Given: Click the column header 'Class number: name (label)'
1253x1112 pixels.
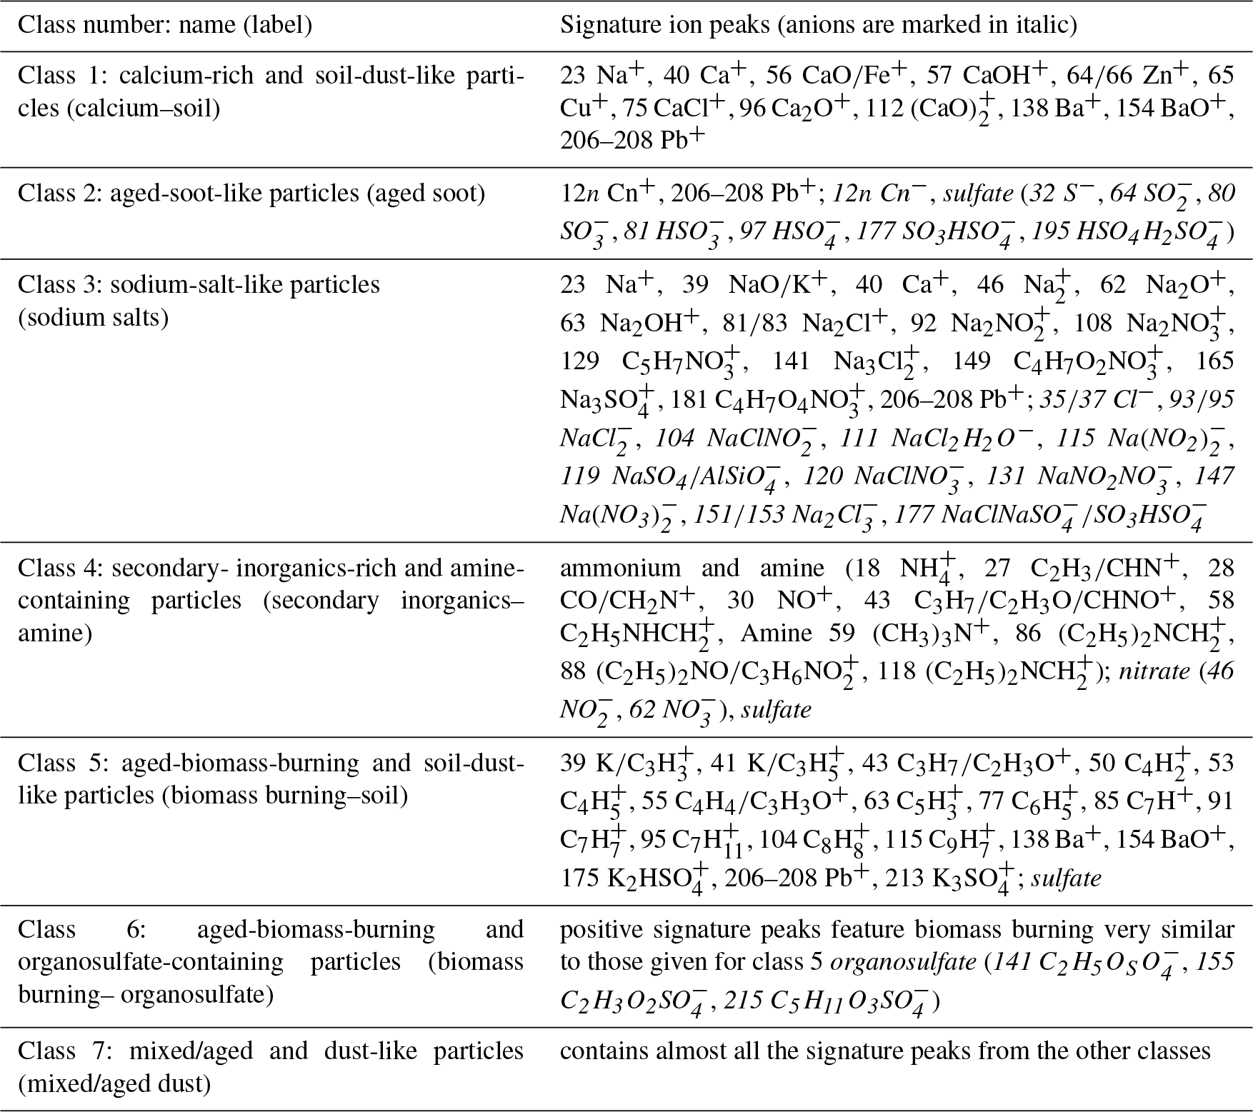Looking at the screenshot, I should pos(164,25).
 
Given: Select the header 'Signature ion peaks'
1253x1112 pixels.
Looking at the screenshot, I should pos(664,25).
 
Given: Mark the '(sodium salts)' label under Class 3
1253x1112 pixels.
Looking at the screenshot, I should pos(93,317).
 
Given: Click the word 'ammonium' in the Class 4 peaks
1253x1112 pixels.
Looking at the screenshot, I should pos(611,568).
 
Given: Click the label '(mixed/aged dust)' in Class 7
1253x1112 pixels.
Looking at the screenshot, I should pos(114,1084).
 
